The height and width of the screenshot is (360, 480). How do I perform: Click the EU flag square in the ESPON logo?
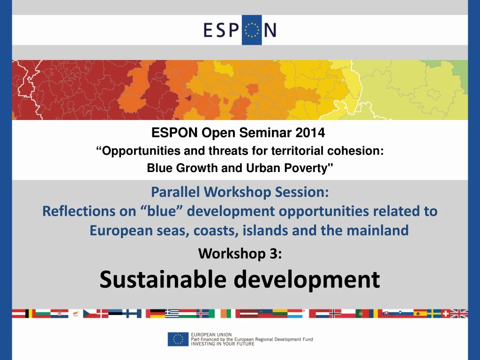coord(252,30)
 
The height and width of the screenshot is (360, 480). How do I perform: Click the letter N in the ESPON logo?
coord(270,30)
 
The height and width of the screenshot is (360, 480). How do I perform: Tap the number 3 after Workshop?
coord(274,254)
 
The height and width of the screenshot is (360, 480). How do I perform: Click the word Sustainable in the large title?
coord(163,279)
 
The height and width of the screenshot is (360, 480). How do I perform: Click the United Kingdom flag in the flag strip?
coord(459,314)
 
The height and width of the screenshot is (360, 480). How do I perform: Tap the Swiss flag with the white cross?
coord(445,314)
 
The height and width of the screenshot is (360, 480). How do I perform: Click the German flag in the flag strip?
coord(157,314)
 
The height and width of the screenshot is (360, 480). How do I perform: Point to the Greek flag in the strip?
coord(172,314)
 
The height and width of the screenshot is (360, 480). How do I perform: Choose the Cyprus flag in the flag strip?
coord(75,314)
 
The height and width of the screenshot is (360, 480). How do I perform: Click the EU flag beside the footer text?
coord(178,339)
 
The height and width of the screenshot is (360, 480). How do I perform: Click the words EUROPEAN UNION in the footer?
coord(211,335)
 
